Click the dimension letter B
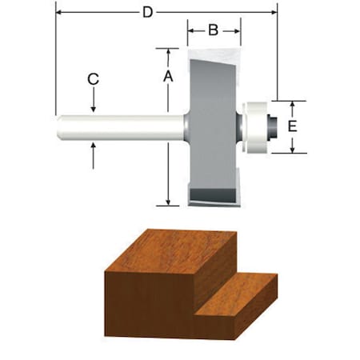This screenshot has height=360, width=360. (x=213, y=31)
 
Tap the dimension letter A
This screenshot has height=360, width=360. (x=168, y=76)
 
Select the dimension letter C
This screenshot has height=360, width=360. (x=94, y=79)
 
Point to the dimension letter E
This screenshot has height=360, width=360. (x=293, y=126)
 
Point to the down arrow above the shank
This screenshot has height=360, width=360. (x=94, y=105)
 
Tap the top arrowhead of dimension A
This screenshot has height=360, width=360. (x=168, y=51)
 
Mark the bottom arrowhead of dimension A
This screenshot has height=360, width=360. (x=168, y=201)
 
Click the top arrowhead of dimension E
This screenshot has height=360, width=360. (x=293, y=104)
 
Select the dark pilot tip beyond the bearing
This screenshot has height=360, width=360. (x=273, y=126)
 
